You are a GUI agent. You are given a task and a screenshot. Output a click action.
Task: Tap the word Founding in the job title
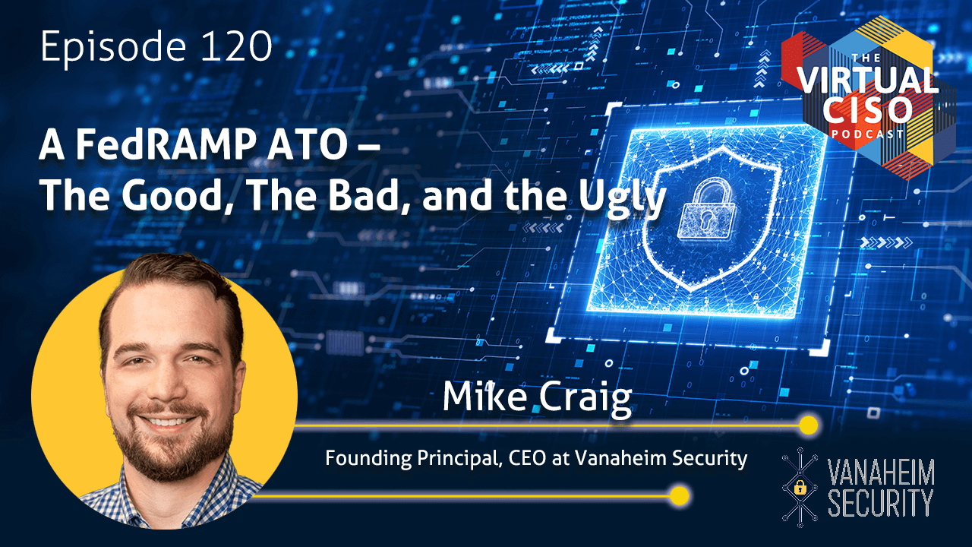368,460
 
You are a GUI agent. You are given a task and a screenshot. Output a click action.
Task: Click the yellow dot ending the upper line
808,425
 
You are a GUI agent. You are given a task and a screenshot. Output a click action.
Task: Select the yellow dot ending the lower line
679,496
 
